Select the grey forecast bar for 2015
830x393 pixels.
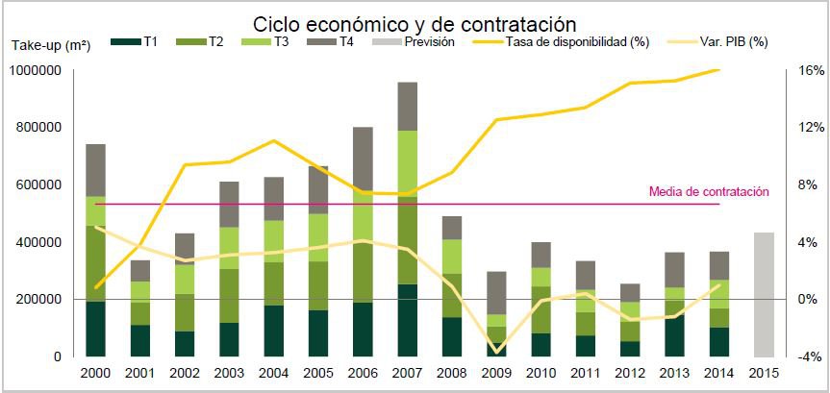(764, 294)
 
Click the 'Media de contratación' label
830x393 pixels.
(709, 192)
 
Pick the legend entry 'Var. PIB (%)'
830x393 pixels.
(723, 41)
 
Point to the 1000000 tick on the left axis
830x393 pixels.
(35, 70)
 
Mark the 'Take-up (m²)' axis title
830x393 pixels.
(51, 44)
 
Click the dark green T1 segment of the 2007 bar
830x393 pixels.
(407, 320)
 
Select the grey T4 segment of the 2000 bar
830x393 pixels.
(95, 170)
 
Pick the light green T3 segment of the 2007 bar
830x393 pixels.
(407, 160)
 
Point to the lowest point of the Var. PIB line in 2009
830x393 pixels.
(496, 352)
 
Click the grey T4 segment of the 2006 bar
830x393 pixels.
(363, 159)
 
